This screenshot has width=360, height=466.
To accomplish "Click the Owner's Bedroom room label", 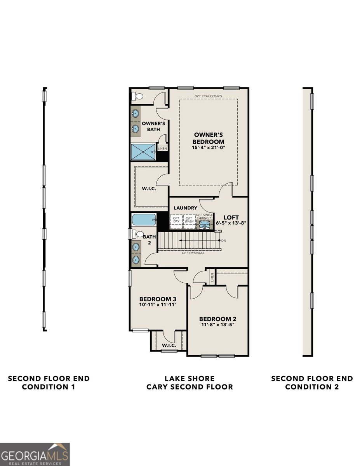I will pyautogui.click(x=209, y=138).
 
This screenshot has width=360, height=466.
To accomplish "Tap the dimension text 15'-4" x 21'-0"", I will pyautogui.click(x=209, y=148).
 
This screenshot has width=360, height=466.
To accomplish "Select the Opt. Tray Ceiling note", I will pyautogui.click(x=209, y=96).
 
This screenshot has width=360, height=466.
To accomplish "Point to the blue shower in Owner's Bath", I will pyautogui.click(x=143, y=151).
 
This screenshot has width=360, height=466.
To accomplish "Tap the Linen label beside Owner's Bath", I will pyautogui.click(x=162, y=148).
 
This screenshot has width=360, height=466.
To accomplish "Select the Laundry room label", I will pyautogui.click(x=185, y=208).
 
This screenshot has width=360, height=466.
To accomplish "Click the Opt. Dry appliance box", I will pyautogui.click(x=176, y=219).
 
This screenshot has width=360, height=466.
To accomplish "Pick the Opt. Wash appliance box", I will pyautogui.click(x=189, y=219).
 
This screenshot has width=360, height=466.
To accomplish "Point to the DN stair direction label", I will pyautogui.click(x=224, y=241).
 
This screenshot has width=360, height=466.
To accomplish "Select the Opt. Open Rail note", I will pyautogui.click(x=193, y=253).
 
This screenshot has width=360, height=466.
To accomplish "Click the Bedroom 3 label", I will pyautogui.click(x=158, y=299).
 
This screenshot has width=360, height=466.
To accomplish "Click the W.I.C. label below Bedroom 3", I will pyautogui.click(x=169, y=345).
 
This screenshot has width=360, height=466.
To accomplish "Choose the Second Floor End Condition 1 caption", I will pyautogui.click(x=49, y=383).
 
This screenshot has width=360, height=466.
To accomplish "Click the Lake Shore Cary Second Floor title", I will pyautogui.click(x=189, y=383).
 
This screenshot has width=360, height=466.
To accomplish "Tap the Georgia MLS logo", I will pyautogui.click(x=35, y=454).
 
